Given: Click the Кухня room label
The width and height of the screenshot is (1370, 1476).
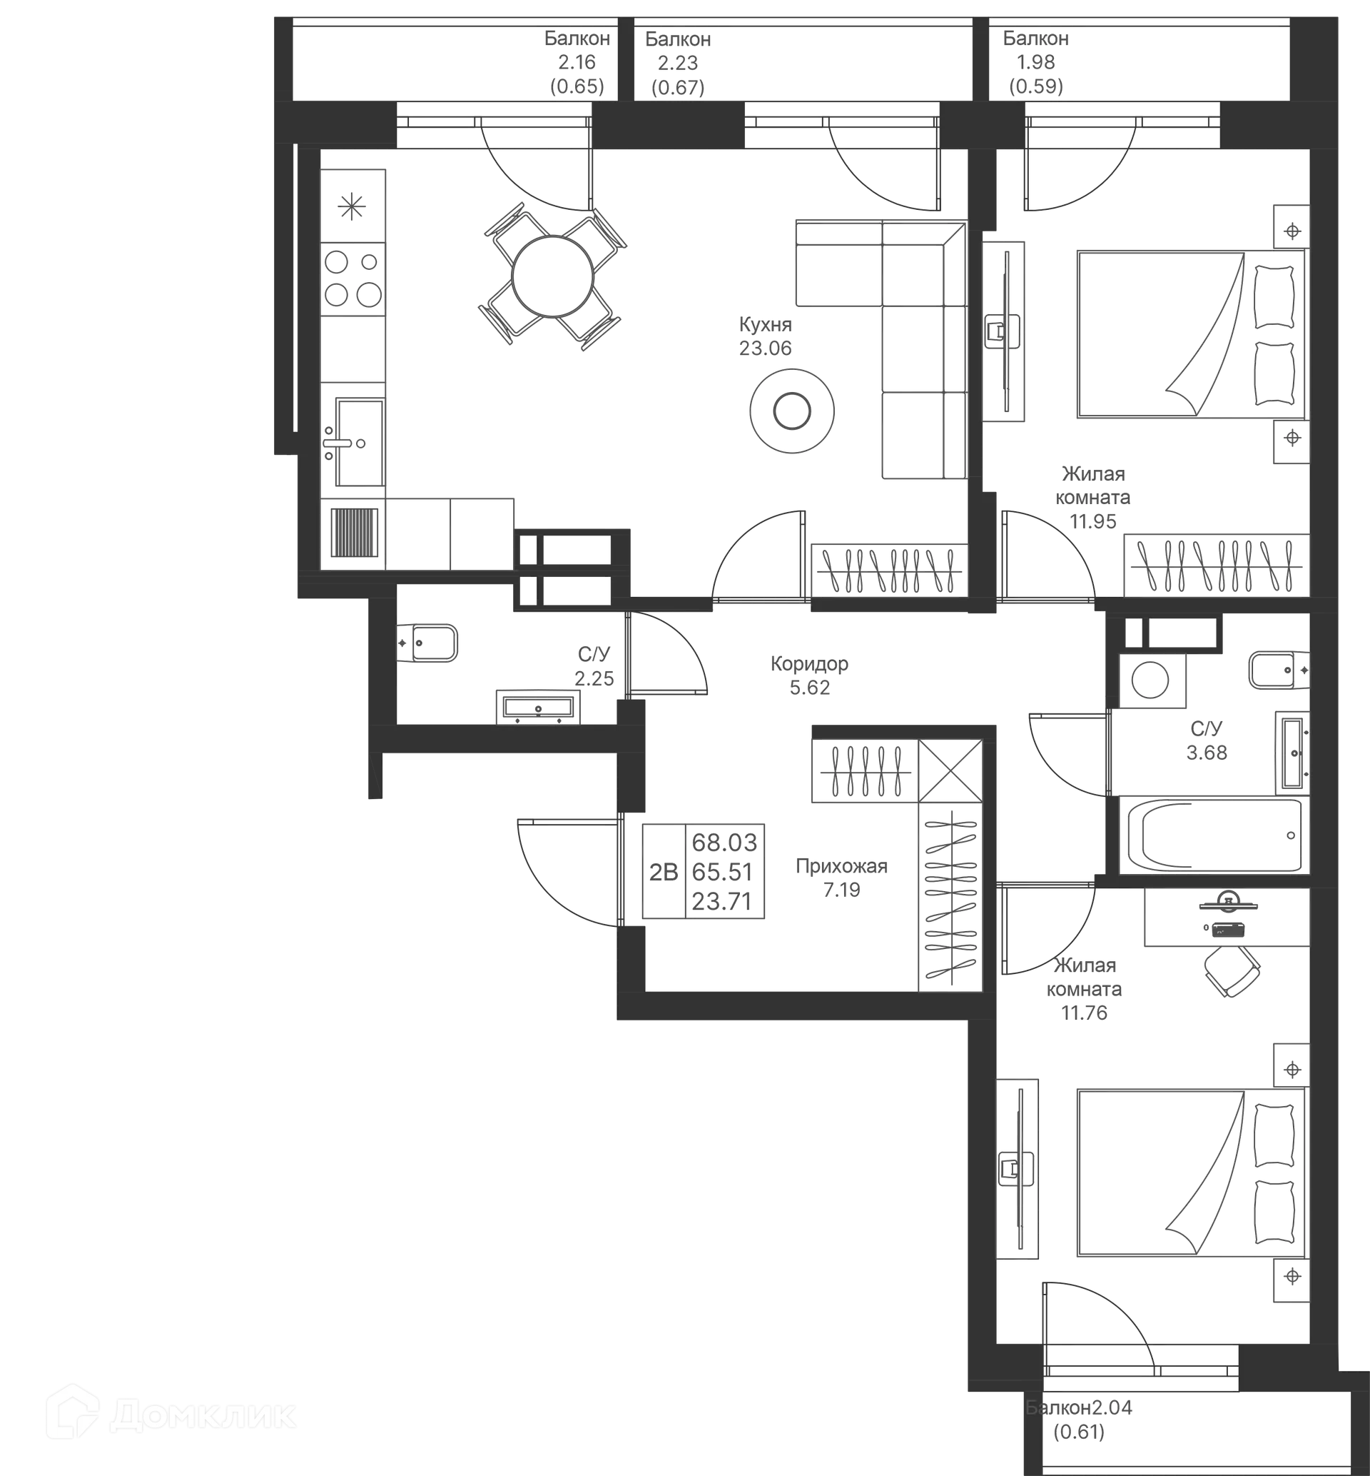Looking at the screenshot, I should click(765, 325).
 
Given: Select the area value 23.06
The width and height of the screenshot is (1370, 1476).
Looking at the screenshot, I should click(765, 348).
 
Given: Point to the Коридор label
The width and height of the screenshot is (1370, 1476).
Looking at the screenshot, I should click(810, 663).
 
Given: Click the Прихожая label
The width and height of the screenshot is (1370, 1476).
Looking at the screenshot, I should click(841, 866).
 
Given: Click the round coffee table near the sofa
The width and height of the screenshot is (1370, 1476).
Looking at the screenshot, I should click(792, 410).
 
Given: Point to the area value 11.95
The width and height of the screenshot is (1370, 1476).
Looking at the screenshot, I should click(1093, 521).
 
